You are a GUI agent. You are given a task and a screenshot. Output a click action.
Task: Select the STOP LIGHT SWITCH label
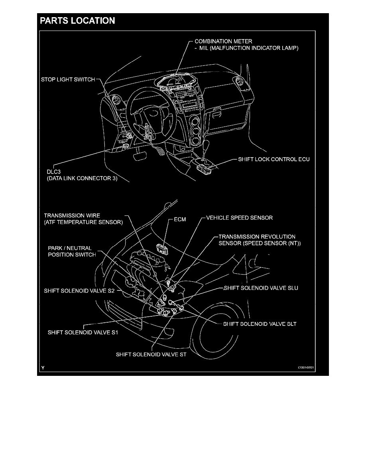point(68,79)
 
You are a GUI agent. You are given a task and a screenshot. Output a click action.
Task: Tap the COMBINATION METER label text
point(223,41)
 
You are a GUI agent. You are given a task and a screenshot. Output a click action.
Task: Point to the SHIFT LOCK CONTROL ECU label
point(274,159)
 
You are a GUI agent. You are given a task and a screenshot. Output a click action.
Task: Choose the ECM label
point(180,220)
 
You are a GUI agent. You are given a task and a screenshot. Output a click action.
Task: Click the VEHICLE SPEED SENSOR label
point(239,218)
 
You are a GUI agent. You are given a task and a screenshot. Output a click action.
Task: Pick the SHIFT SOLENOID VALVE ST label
point(151,354)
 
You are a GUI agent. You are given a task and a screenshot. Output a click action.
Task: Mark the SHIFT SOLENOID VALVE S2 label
point(79,291)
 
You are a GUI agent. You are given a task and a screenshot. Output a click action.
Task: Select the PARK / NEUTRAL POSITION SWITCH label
point(69,251)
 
